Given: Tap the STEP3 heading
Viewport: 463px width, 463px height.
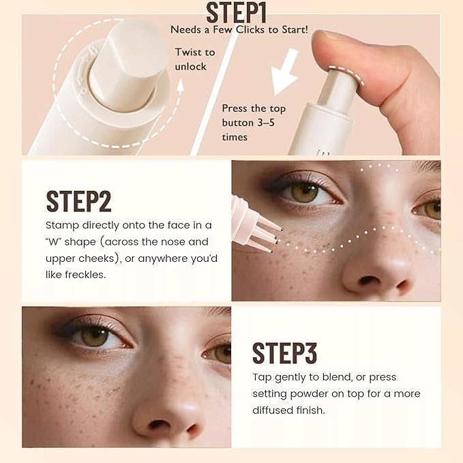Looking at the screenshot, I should (x=284, y=352).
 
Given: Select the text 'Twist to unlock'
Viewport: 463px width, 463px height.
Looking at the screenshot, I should (x=194, y=58).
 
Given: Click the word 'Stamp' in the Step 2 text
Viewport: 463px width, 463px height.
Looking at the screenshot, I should (x=63, y=225).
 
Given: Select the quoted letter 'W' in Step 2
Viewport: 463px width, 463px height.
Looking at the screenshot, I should (x=57, y=242).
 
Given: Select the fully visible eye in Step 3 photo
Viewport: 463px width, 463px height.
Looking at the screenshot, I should (x=94, y=335).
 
